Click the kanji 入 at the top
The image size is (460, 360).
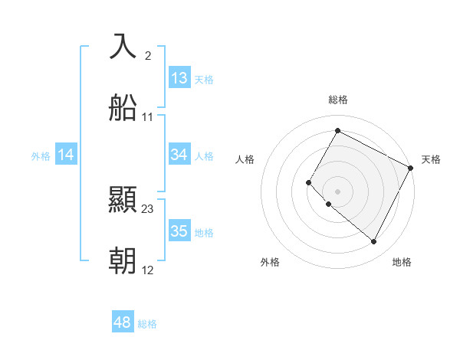(123, 47)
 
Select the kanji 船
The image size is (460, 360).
(123, 109)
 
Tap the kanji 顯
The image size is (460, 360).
(123, 200)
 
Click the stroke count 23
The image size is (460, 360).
(148, 208)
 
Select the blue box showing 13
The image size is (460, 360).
(179, 78)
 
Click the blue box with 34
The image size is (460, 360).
(179, 155)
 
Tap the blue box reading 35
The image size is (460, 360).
(179, 231)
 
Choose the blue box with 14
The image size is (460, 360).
(66, 155)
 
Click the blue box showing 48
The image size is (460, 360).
(123, 322)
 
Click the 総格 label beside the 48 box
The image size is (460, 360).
(147, 324)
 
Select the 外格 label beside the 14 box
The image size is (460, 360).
(41, 155)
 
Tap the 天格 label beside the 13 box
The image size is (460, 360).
(203, 79)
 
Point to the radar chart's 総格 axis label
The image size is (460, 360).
(337, 100)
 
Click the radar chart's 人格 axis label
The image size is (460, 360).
(245, 159)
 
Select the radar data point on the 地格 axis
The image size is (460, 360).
(373, 242)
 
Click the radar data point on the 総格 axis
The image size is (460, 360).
(337, 130)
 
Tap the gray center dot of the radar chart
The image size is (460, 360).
(337, 191)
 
